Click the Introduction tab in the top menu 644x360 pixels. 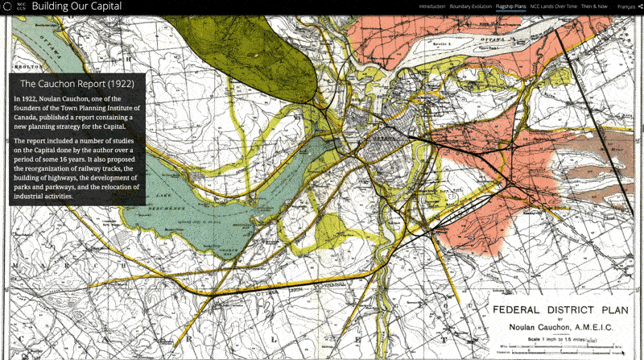[432, 6]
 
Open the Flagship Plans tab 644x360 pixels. [512, 6]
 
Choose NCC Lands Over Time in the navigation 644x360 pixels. [553, 6]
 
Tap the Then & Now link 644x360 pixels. [594, 6]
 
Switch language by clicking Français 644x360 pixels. [625, 6]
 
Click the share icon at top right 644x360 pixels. [638, 6]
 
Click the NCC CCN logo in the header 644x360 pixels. [10, 6]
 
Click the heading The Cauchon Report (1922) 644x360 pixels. [76, 83]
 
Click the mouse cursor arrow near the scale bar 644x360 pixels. [621, 351]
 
